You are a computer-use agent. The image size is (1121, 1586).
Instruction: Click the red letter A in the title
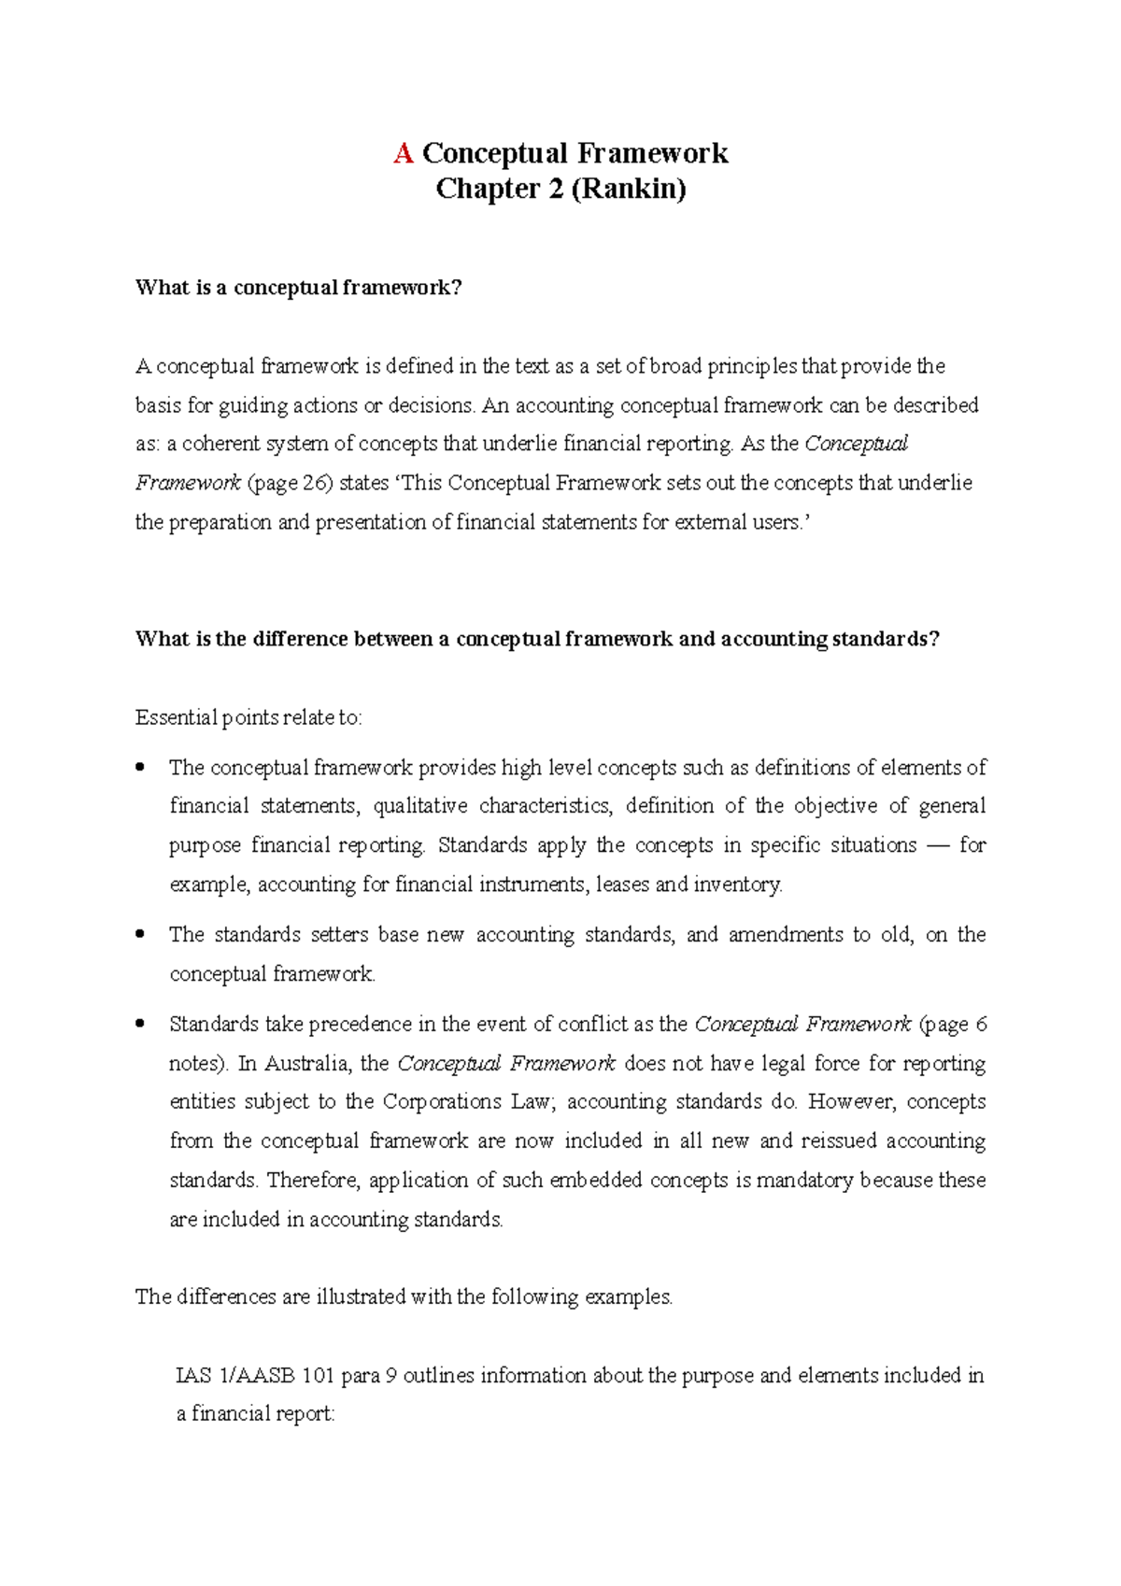404,153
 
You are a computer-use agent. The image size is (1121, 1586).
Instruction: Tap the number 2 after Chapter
556,189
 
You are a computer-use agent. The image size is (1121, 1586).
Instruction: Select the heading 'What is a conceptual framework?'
299,288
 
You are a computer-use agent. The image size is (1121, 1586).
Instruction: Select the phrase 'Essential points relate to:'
248,717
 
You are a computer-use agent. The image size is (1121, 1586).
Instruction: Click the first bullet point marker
140,767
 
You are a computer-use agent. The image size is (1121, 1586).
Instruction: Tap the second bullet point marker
140,934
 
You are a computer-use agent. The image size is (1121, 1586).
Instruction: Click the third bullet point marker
140,1024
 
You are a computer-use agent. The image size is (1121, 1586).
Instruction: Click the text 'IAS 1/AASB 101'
254,1376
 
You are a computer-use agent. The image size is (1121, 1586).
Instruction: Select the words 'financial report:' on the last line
263,1414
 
